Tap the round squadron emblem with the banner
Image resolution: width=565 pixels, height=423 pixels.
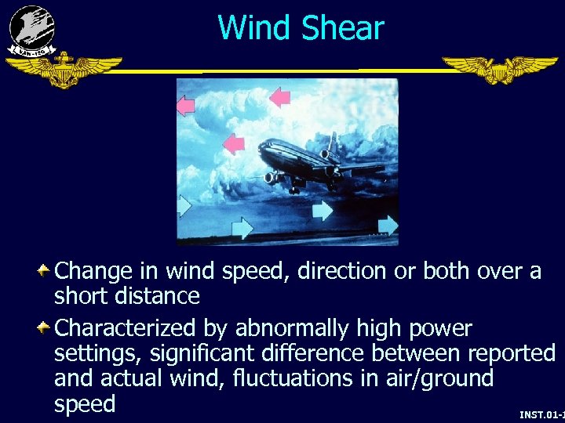32,30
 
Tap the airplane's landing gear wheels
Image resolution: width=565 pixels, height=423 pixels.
294,188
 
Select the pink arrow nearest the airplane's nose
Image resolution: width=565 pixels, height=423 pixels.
233,144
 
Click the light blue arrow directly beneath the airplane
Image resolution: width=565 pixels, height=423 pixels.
322,210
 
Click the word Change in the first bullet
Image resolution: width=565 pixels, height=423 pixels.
93,272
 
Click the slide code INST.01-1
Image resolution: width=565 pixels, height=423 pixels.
541,414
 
